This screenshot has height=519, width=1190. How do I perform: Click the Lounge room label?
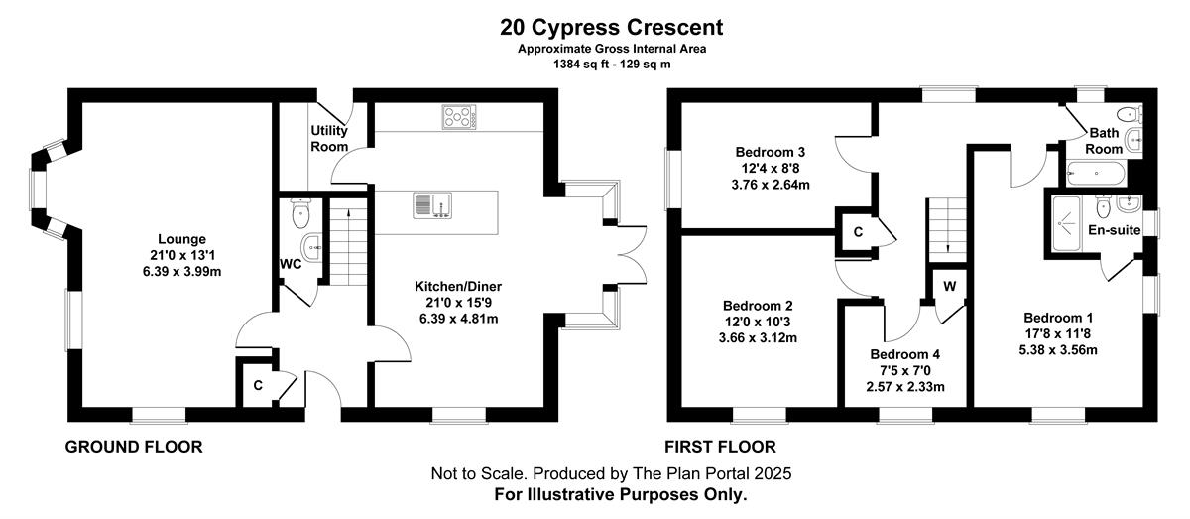point(181,239)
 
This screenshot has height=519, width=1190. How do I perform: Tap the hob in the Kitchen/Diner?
point(459,117)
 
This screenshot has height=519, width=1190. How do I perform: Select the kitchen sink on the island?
point(432,205)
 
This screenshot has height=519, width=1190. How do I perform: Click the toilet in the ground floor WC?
point(300,212)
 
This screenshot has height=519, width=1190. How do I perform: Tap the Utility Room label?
point(329,138)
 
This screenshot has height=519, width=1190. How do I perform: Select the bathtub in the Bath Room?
point(1096,174)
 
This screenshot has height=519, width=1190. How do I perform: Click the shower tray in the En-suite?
point(1067,224)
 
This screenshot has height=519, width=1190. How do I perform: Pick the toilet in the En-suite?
point(1104,206)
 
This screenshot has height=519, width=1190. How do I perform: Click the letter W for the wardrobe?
point(950,286)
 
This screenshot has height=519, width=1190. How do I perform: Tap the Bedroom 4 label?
point(905,354)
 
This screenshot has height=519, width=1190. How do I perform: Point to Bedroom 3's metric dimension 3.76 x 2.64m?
point(771,185)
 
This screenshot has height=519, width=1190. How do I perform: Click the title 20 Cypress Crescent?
point(612,27)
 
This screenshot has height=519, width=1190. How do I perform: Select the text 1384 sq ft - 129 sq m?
point(612,65)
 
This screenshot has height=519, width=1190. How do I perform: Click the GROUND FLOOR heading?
point(134,447)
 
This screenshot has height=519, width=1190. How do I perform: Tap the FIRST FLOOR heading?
point(720,447)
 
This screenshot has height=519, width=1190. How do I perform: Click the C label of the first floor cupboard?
point(858,232)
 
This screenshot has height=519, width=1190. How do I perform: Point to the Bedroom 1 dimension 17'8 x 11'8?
point(1058,334)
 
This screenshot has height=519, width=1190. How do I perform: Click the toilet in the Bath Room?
point(1130,114)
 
